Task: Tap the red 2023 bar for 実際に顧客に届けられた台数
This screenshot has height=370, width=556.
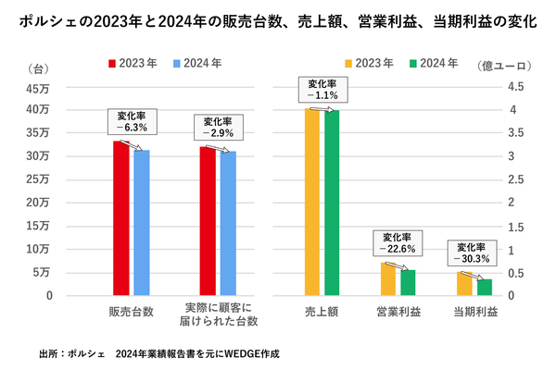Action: pyautogui.click(x=208, y=220)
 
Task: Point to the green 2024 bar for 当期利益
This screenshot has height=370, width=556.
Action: pyautogui.click(x=484, y=287)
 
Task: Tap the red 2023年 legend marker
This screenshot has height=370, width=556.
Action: pyautogui.click(x=113, y=64)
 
